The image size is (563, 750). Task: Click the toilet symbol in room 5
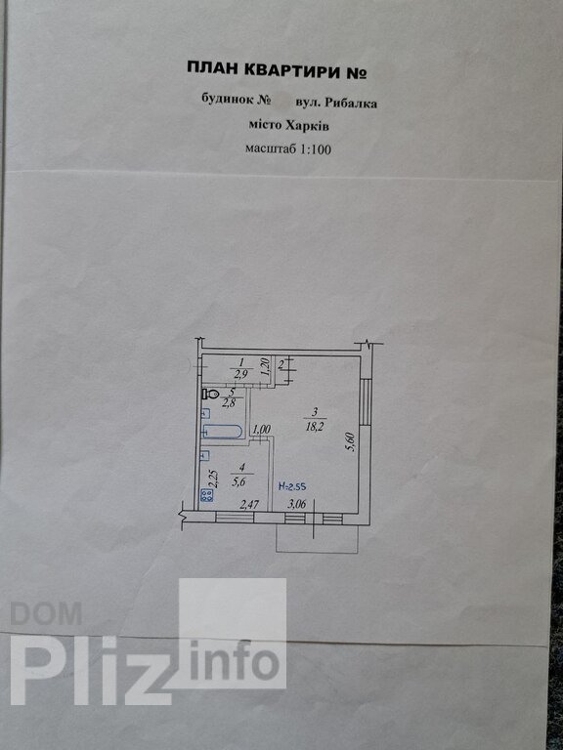[211, 395]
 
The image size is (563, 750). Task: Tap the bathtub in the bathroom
[222, 432]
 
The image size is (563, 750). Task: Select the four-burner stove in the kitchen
[208, 495]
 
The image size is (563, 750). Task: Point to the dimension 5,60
[352, 442]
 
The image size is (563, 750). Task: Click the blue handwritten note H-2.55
[292, 486]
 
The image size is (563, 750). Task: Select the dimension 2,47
[248, 504]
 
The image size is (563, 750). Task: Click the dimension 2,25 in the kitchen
[214, 479]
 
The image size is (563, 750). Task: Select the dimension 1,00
[261, 430]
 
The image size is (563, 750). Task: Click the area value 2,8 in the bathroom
[227, 400]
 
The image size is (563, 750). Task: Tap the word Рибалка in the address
[351, 103]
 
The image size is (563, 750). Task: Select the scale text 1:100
[315, 149]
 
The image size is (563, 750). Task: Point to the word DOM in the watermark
[46, 613]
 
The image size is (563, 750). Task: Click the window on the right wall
[365, 401]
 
